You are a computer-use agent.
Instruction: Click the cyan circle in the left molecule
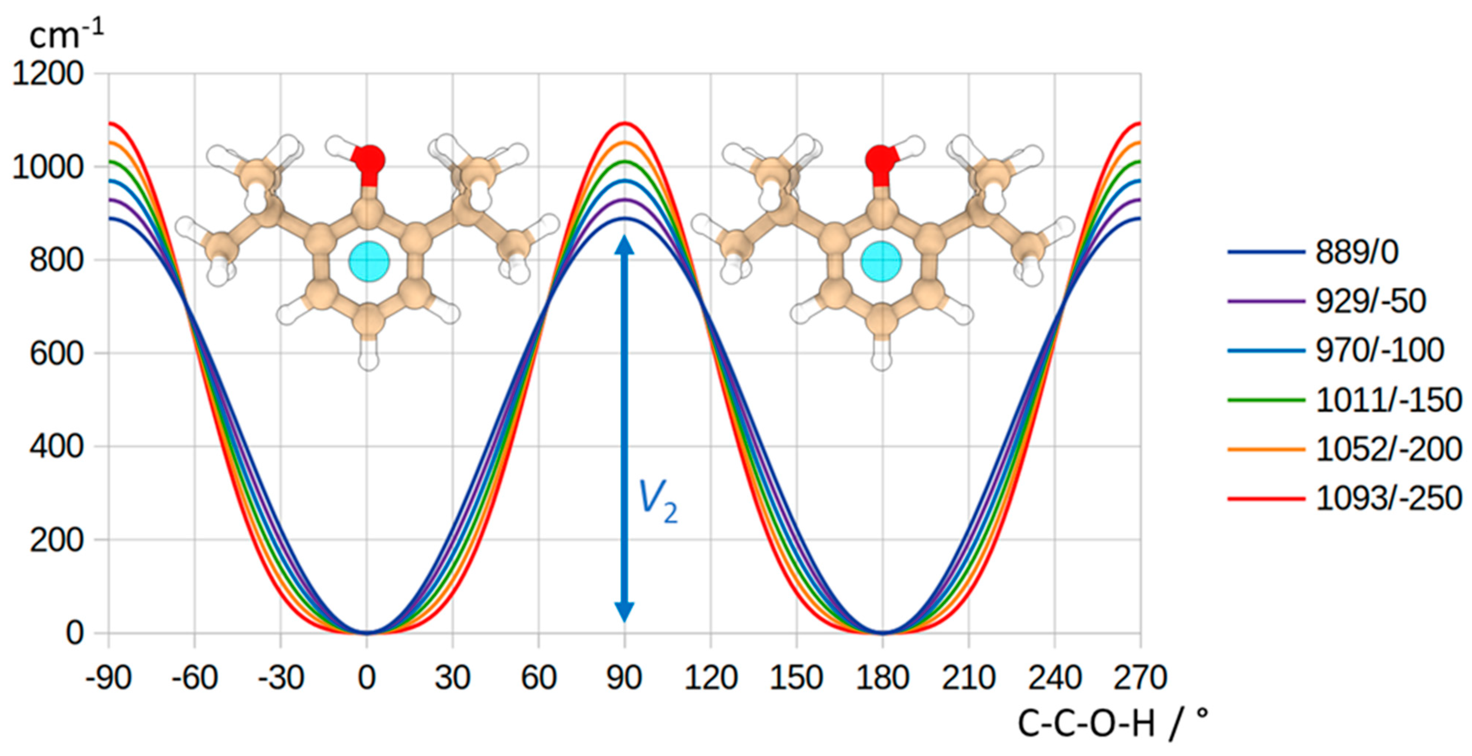(x=369, y=261)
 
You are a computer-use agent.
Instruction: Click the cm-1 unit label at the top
(x=66, y=35)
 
